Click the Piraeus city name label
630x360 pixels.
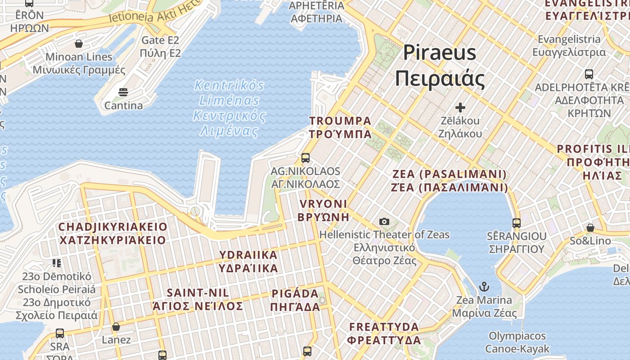440,66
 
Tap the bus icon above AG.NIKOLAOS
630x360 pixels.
306,157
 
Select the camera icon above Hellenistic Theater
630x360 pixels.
384,221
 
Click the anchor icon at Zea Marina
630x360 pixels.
484,287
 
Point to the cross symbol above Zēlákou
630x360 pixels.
460,108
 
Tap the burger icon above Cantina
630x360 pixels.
123,93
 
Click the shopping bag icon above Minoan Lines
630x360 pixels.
79,44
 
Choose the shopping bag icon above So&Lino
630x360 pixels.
590,228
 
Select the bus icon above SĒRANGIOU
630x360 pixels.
516,223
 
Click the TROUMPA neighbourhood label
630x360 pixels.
340,127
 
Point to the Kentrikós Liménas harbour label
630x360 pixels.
229,108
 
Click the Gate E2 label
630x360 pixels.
160,47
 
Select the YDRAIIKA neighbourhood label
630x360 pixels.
248,261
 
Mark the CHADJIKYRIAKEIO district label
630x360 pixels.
112,233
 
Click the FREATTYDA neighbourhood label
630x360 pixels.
384,333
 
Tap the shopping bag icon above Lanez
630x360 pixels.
116,327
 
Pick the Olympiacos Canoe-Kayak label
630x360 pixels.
517,342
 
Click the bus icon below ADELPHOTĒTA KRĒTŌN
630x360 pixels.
589,74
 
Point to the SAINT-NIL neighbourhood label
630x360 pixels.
198,299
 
